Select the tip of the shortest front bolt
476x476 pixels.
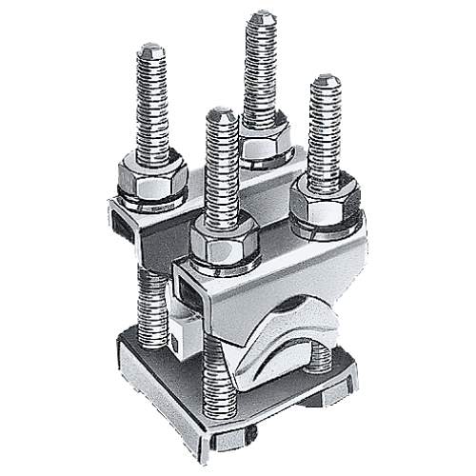tap(220, 114)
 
